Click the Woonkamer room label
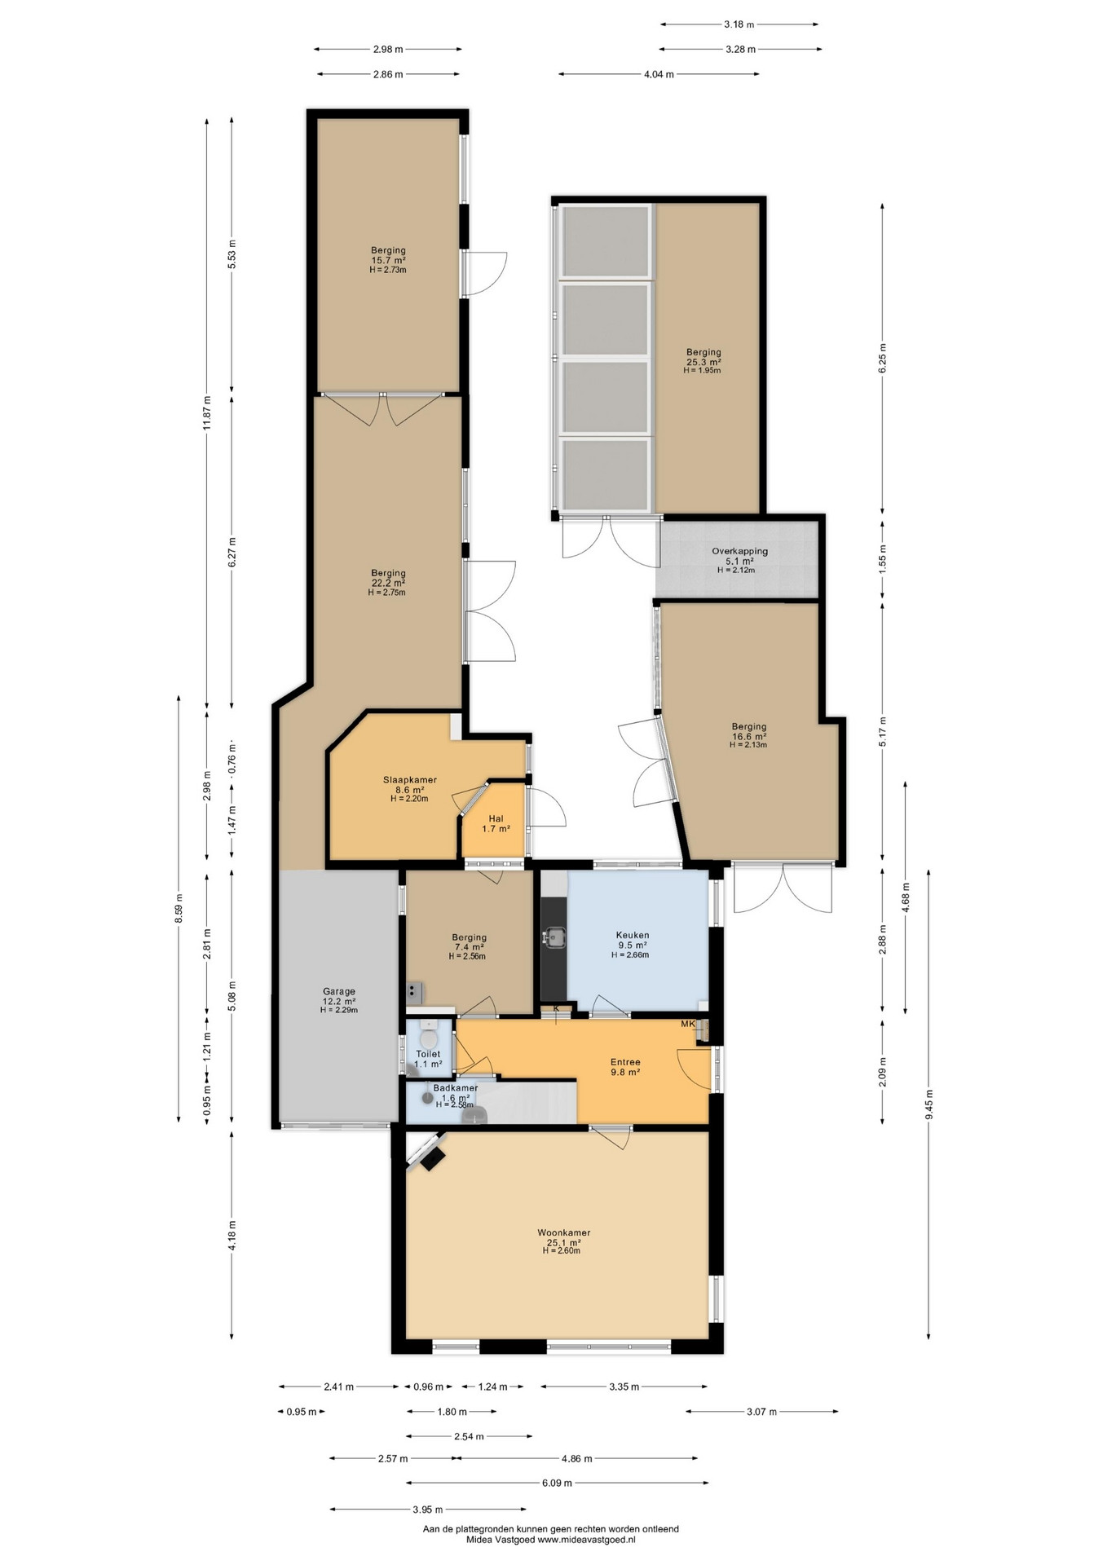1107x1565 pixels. [x=563, y=1232]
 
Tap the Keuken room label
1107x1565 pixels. [x=632, y=935]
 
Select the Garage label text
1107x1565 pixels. [x=338, y=991]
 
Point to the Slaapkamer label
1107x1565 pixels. [x=409, y=779]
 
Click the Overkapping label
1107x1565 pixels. [x=739, y=551]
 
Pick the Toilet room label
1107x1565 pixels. [x=428, y=1054]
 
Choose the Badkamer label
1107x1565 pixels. [x=456, y=1088]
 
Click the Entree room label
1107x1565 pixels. [x=625, y=1062]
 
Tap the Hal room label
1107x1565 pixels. [x=496, y=818]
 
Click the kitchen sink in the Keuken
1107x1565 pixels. [x=556, y=937]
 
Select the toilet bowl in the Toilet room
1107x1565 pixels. [x=428, y=1037]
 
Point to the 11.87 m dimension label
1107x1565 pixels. [x=207, y=412]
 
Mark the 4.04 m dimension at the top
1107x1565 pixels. [x=659, y=74]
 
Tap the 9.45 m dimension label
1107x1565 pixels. [x=928, y=1105]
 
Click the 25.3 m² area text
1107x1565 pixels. [x=703, y=362]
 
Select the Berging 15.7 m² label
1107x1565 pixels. [x=388, y=255]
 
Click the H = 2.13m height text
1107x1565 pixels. [x=748, y=744]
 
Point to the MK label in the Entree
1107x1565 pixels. [x=688, y=1025]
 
